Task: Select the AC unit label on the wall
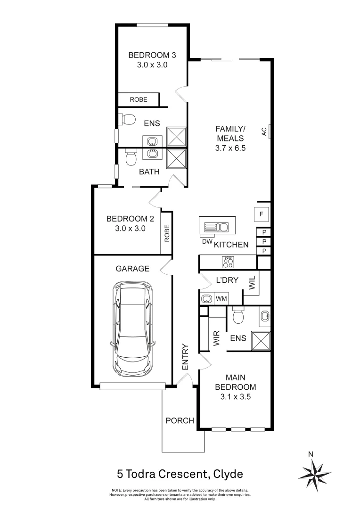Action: (264, 131)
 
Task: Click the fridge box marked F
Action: (261, 214)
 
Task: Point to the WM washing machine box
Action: (221, 298)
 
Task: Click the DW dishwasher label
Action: (206, 241)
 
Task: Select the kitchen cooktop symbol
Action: (228, 261)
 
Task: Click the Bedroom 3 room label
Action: (149, 55)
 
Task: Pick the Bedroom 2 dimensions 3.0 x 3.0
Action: (130, 228)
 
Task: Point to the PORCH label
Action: (179, 420)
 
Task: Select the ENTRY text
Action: (185, 357)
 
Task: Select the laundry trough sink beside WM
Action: (206, 298)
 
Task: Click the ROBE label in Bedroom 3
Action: (139, 99)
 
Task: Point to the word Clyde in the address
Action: (228, 473)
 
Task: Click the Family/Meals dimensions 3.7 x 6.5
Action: (230, 148)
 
